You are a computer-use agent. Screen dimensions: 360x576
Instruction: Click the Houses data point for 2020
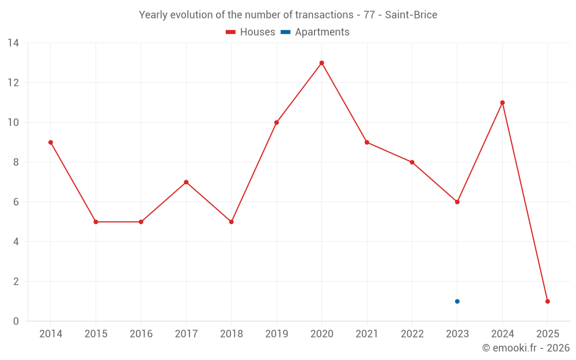321,63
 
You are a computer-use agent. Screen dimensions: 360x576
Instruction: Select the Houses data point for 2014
51,142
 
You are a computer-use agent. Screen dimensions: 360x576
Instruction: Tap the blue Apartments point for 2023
457,301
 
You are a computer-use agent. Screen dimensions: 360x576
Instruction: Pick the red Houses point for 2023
457,202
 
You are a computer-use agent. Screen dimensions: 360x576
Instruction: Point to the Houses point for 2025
547,301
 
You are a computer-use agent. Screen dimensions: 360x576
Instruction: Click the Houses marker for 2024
502,103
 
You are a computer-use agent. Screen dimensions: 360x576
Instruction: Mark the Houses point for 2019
276,122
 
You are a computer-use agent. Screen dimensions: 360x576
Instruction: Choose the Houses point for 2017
186,182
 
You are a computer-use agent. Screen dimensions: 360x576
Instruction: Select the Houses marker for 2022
412,162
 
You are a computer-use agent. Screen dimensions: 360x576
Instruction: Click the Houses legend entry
251,32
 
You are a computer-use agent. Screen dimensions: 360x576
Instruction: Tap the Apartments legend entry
316,32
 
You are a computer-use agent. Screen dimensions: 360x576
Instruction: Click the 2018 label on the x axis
231,334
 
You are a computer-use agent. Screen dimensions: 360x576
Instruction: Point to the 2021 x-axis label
367,334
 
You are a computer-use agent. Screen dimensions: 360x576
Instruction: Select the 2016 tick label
141,334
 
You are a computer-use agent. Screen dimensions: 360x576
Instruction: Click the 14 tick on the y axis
13,43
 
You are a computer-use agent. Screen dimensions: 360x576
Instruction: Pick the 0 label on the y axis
16,321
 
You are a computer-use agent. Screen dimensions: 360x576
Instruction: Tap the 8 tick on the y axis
16,162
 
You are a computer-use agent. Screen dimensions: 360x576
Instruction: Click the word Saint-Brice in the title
411,15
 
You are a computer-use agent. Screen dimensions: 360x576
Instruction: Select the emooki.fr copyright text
526,348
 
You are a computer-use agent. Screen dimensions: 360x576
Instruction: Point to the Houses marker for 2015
96,222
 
